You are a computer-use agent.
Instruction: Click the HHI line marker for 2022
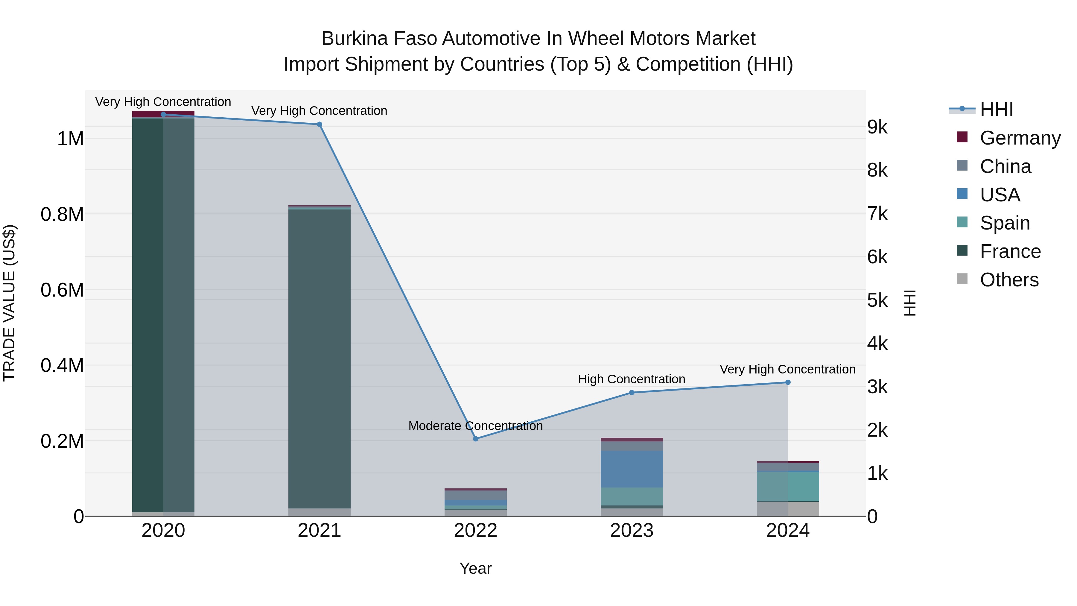tap(475, 439)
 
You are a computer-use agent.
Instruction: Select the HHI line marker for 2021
tap(320, 124)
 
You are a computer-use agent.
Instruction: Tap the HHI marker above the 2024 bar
tap(788, 382)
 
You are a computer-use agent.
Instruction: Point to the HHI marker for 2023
tap(632, 392)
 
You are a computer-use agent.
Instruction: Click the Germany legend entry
tap(1020, 138)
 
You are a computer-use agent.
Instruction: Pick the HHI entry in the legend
tap(996, 110)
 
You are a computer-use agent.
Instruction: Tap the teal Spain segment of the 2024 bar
tap(788, 486)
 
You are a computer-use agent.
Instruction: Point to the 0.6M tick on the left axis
tap(62, 290)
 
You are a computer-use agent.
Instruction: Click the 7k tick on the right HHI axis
tap(877, 214)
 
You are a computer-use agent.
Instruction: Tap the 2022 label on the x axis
tap(475, 530)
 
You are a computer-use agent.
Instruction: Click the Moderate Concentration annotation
tap(475, 426)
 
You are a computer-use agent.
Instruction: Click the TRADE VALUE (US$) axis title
tap(9, 303)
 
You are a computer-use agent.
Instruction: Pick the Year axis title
tap(475, 568)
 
